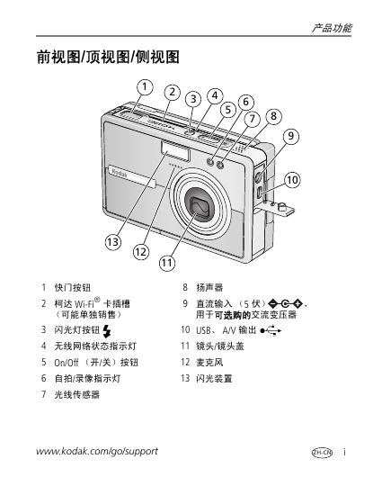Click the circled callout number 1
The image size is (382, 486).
pos(145,87)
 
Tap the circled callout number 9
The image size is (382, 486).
pos(290,136)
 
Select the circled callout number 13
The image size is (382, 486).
pos(113,242)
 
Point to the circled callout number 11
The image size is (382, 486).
pos(167,263)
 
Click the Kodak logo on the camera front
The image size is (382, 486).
pos(120,173)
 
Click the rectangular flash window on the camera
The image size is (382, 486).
pos(175,150)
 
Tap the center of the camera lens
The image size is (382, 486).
pos(200,203)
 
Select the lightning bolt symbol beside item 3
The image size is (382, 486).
pos(106,331)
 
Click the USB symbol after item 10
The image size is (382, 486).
pos(271,330)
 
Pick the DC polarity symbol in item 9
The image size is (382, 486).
pos(285,303)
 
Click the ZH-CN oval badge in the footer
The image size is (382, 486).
pos(322,452)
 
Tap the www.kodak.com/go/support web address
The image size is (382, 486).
pos(97,451)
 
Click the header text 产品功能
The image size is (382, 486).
pos(332,28)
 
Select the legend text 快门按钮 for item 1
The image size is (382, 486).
pos(73,287)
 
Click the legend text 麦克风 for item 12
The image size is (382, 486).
pos(209,362)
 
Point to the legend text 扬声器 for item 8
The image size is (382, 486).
pos(209,287)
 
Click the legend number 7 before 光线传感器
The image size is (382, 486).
pos(44,394)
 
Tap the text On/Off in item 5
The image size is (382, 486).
pos(67,363)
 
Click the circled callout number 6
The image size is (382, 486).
pos(245,102)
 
